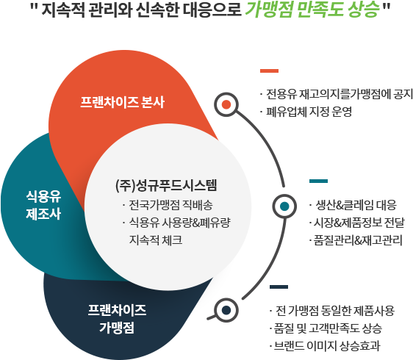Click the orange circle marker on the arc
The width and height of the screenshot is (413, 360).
[226, 104]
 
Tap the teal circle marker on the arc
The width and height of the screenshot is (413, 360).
[284, 206]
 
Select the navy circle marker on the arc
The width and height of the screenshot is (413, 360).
[226, 310]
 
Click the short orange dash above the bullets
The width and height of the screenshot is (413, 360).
[269, 71]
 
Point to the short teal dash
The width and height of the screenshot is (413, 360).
[318, 181]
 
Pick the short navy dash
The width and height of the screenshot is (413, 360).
[279, 287]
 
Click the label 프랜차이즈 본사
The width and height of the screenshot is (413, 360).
[122, 102]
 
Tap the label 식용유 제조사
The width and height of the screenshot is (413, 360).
[43, 205]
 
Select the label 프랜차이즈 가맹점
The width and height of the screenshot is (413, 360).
[117, 319]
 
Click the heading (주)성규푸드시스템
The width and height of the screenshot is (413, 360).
[166, 185]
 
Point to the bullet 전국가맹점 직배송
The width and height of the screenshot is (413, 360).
[170, 205]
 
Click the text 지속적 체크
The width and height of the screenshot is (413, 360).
[156, 240]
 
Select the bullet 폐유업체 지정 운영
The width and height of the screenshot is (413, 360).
[309, 112]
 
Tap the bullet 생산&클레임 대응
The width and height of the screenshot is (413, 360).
[356, 205]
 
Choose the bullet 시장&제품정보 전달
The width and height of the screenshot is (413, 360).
[359, 223]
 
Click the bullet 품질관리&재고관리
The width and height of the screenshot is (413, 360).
[358, 240]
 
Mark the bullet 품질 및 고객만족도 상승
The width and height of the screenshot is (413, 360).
[328, 328]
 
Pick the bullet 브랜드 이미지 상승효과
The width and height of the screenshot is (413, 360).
[327, 346]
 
